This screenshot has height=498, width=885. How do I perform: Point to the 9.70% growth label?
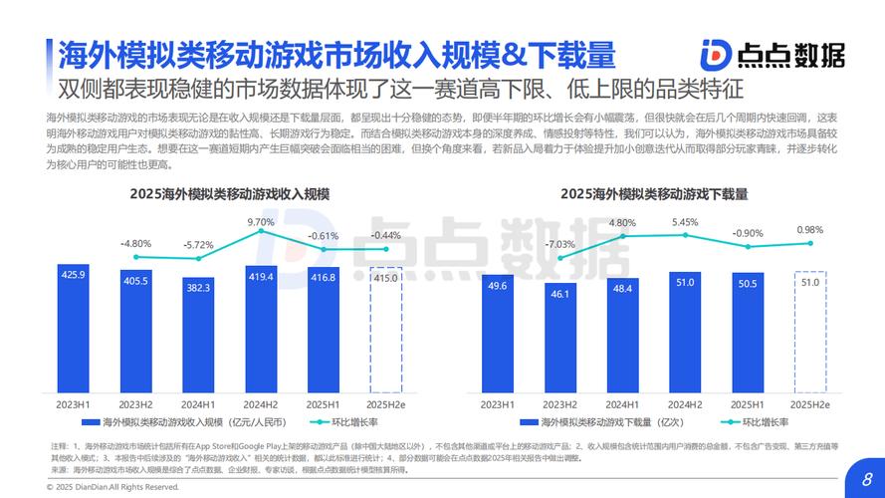tap(261, 222)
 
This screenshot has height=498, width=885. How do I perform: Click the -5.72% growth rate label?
tap(198, 244)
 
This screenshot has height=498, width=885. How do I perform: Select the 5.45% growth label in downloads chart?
tap(685, 222)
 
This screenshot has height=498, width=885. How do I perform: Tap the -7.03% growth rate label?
tap(559, 244)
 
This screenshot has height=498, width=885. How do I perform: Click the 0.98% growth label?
tap(810, 230)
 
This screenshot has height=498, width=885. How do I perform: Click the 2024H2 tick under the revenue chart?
tap(261, 404)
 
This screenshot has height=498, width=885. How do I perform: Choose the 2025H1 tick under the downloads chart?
tap(748, 404)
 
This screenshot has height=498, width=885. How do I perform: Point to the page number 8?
tap(866, 475)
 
